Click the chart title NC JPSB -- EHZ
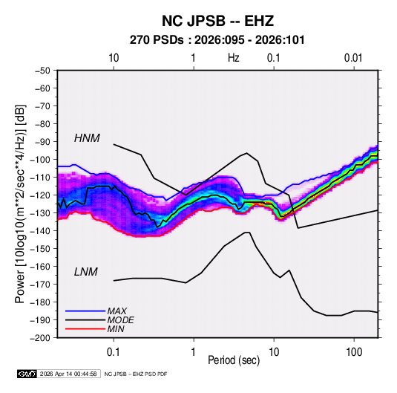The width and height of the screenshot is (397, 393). click(x=217, y=21)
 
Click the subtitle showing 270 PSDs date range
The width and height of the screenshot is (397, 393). click(x=217, y=40)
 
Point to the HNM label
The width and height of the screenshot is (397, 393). click(x=87, y=138)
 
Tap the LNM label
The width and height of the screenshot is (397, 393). click(x=86, y=272)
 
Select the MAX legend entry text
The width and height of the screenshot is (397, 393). click(x=117, y=311)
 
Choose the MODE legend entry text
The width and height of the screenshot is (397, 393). click(x=120, y=320)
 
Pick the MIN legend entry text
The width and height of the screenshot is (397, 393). click(x=116, y=329)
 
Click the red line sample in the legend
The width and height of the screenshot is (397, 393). click(x=85, y=329)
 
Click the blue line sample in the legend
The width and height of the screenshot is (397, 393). click(x=85, y=311)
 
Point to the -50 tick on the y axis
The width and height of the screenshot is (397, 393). click(x=42, y=71)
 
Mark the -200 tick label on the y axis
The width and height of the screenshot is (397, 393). click(x=40, y=338)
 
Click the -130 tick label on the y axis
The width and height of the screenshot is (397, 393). click(x=40, y=213)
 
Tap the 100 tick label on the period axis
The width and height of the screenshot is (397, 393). click(x=354, y=352)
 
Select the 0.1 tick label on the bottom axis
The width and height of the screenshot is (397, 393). click(x=114, y=352)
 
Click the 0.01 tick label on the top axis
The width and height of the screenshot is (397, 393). click(x=353, y=58)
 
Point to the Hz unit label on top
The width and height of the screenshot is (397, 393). click(x=234, y=58)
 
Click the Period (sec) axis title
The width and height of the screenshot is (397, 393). click(x=234, y=360)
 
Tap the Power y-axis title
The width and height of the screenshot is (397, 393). click(x=20, y=204)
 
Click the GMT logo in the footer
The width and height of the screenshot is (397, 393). click(x=27, y=374)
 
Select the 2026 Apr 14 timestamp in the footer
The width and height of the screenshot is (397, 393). click(x=68, y=374)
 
